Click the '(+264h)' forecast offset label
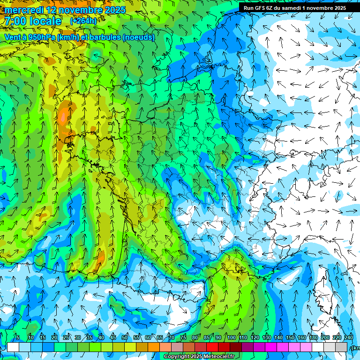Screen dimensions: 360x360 pyautogui.click(x=83, y=21)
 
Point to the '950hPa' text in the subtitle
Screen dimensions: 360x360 pyautogui.click(x=50, y=37)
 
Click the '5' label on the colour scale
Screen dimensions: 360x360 pyautogui.click(x=18, y=337)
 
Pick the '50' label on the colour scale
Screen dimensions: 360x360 pyautogui.click(x=125, y=337)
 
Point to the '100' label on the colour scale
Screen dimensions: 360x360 pyautogui.click(x=231, y=337)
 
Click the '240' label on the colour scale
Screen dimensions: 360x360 pyautogui.click(x=349, y=337)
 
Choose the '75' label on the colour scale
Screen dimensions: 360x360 pyautogui.click(x=183, y=337)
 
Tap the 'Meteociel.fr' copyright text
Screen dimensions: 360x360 pyautogui.click(x=216, y=357)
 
